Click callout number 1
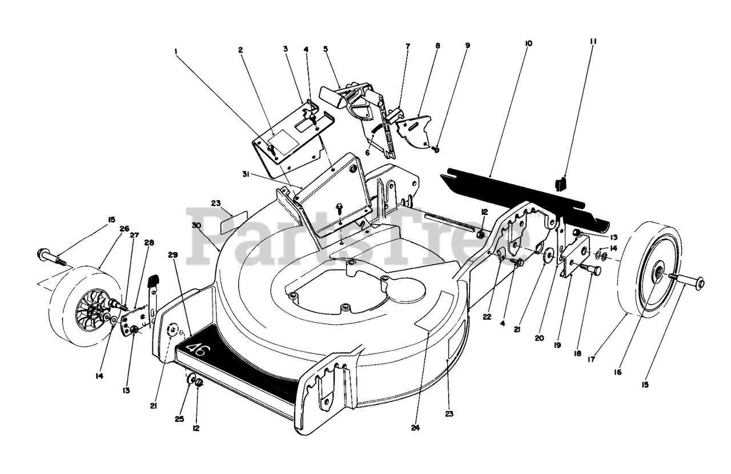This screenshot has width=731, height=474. [x=176, y=51]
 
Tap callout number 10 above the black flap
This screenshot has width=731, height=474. [x=527, y=43]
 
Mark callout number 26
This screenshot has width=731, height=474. [x=124, y=229]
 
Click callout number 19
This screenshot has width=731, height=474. [x=556, y=346]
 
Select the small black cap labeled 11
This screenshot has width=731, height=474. [x=560, y=183]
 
